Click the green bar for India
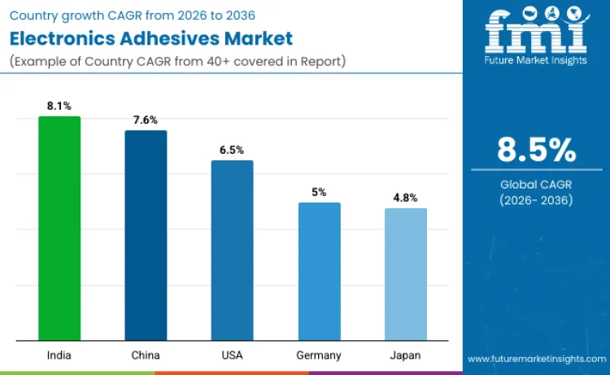59,229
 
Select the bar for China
146,235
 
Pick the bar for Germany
319,272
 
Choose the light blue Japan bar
405,274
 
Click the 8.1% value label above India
59,106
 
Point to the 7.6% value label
146,120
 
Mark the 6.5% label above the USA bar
232,150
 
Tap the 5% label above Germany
319,192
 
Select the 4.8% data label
405,198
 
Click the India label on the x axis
59,355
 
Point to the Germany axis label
319,355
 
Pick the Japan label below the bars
405,355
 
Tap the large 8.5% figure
537,150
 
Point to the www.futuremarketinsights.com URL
536,358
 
